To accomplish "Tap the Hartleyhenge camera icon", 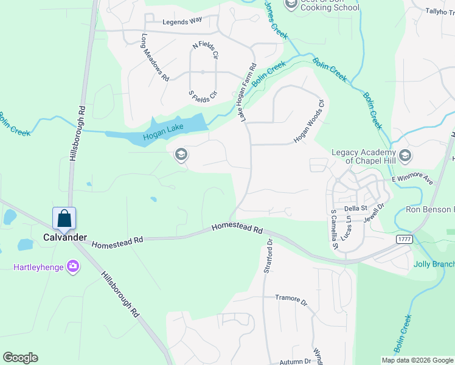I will (73, 266).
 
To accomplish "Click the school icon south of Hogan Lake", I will (180, 155).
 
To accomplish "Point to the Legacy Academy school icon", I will (406, 156).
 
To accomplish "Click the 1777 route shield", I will (404, 240).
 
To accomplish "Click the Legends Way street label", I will (182, 21).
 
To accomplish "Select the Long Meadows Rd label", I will (155, 57).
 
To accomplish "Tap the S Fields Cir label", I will (203, 96).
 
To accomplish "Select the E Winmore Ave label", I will (412, 181).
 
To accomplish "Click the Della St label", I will (356, 208).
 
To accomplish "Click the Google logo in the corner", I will (20, 358).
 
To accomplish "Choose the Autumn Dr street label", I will (295, 361).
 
